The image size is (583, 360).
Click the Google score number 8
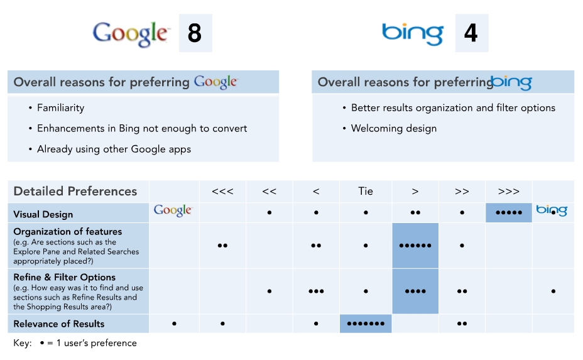tap(195, 33)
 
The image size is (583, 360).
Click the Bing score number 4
tap(471, 33)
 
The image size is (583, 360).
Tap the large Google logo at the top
tap(131, 34)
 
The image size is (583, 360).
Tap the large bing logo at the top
tap(413, 34)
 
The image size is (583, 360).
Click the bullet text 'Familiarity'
tap(60, 108)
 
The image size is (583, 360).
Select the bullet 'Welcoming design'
tap(394, 128)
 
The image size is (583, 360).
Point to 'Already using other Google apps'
tap(114, 149)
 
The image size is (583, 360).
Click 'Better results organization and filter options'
tap(453, 108)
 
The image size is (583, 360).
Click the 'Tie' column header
tap(366, 191)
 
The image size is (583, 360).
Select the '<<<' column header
tap(222, 192)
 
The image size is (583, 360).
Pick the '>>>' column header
tap(508, 192)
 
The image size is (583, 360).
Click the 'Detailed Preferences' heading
tap(75, 191)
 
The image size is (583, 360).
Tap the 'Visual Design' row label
tap(43, 214)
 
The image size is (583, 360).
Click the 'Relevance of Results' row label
tap(59, 324)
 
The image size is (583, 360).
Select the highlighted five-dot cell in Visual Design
tap(509, 213)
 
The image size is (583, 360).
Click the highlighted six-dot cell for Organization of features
tap(415, 246)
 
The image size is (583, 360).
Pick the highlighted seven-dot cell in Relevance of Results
tap(366, 324)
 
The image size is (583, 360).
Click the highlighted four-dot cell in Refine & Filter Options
tap(415, 291)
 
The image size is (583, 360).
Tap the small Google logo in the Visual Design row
tap(173, 210)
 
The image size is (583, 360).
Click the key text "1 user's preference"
tap(96, 343)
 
